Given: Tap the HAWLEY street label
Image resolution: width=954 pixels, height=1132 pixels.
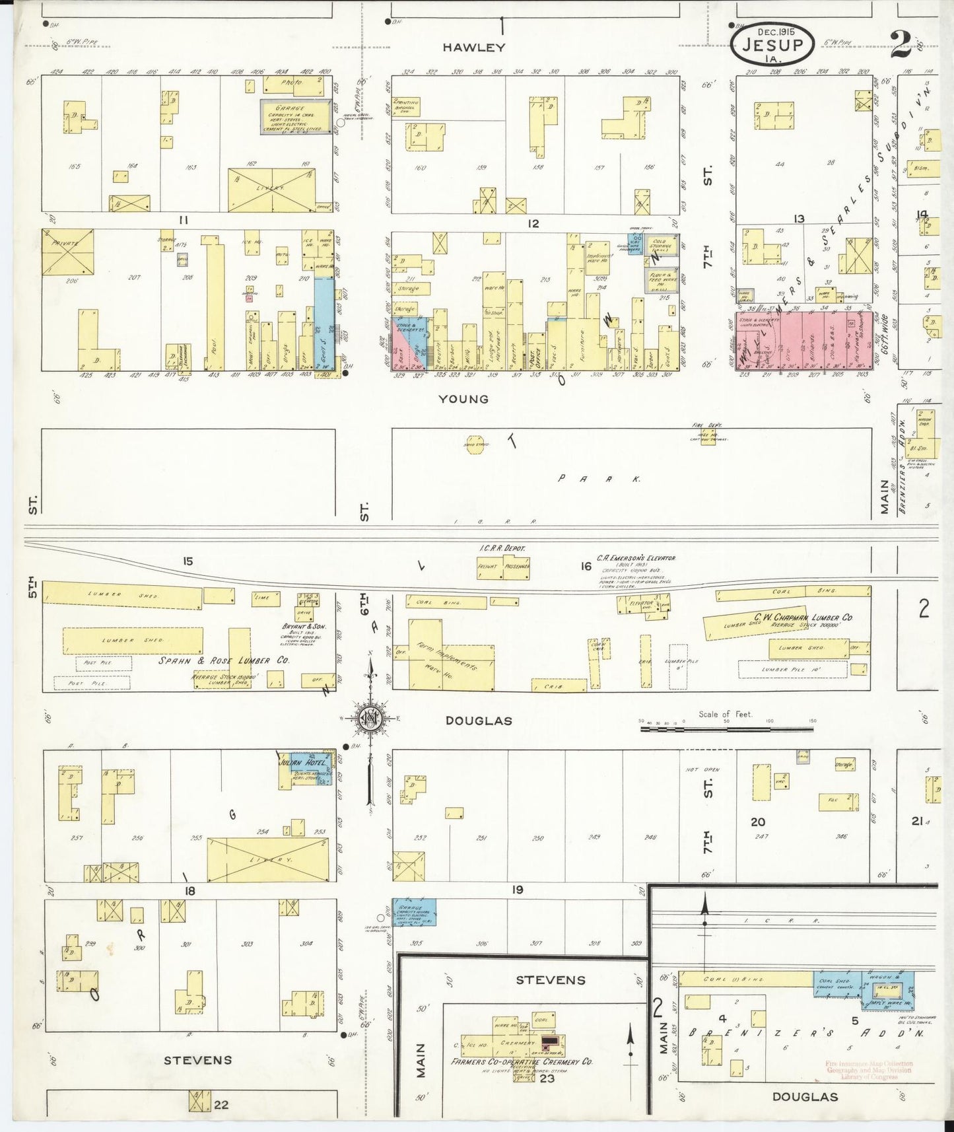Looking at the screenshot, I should tap(473, 48).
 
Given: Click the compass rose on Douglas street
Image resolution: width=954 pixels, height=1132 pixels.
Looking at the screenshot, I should tap(370, 719).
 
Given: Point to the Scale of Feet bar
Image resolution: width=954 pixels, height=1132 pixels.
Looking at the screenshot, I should tap(726, 729).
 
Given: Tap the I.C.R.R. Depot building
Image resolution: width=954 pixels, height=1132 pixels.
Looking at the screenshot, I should tap(503, 567).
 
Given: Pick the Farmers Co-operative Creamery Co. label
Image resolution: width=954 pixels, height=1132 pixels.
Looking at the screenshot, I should tap(522, 1062).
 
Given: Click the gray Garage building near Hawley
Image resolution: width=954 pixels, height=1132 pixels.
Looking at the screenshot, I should tap(295, 116).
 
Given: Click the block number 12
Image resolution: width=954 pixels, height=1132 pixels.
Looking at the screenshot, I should tap(533, 224).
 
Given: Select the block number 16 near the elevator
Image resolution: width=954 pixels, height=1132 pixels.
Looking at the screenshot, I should tap(586, 566).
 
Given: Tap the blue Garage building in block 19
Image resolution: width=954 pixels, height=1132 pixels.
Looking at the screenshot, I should tap(414, 911).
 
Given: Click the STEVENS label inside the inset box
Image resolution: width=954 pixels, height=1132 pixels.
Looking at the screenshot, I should tap(550, 980).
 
